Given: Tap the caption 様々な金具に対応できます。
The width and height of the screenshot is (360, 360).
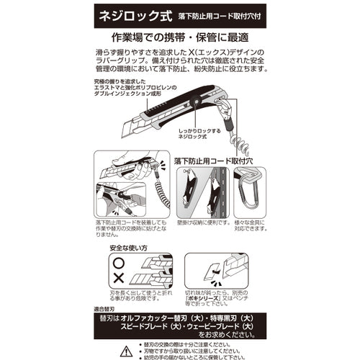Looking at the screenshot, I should pyautogui.click(x=250, y=229).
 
